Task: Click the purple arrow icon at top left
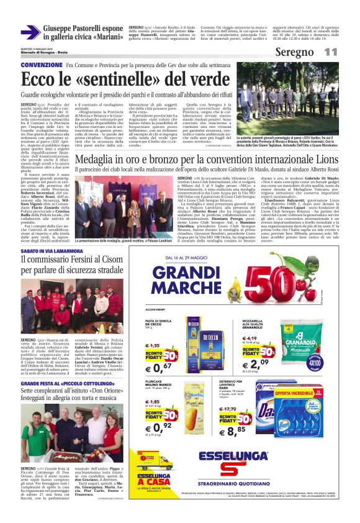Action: tap(31, 32)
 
